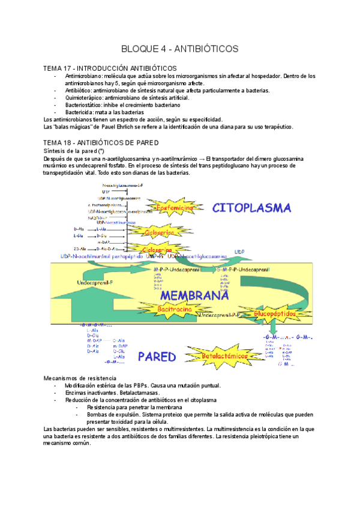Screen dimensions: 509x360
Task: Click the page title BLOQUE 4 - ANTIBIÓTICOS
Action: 180,48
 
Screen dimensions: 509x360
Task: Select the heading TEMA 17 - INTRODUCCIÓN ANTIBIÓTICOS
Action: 110,68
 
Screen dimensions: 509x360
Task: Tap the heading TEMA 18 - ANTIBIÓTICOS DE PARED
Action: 101,143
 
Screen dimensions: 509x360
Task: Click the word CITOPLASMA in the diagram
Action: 252,208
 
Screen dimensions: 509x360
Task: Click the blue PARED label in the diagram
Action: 157,357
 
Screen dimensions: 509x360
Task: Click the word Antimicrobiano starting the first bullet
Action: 83,76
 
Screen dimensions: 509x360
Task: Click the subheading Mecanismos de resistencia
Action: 80,378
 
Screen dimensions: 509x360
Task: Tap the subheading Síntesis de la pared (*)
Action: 75,151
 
